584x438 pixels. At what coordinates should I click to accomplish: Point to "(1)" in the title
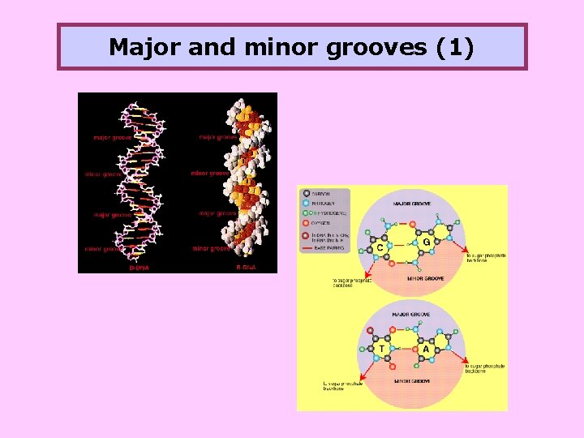coord(455,47)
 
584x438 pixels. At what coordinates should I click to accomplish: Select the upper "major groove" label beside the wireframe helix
coord(113,137)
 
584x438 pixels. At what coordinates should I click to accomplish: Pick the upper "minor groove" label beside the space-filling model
coord(209,173)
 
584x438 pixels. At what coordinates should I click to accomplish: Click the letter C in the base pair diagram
coord(379,247)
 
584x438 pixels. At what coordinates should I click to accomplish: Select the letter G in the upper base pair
coord(427,242)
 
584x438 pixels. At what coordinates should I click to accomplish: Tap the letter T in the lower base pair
coord(381,349)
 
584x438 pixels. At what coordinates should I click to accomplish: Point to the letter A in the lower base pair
coord(425,349)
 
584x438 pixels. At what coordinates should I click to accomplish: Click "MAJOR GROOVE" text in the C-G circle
coord(412,203)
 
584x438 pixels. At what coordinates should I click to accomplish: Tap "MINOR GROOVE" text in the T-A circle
coord(412,380)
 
